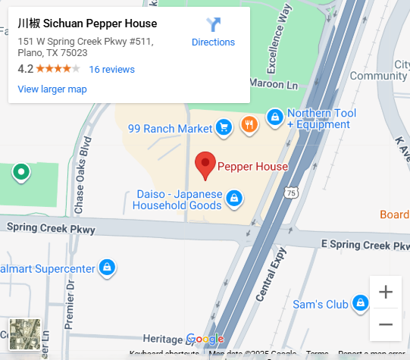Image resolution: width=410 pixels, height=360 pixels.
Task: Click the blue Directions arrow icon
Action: (x=214, y=24)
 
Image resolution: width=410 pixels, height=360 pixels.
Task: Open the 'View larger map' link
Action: (x=52, y=89)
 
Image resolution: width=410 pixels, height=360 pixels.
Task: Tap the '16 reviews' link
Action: (x=111, y=69)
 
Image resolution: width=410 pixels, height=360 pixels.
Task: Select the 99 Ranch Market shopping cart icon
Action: (x=223, y=128)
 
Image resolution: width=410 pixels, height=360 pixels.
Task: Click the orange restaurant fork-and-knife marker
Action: (x=248, y=124)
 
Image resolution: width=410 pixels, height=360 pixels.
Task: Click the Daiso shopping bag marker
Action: (x=234, y=199)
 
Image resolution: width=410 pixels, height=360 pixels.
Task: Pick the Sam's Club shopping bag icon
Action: (x=361, y=304)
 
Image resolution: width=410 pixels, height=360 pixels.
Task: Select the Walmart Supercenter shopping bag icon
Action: (x=108, y=268)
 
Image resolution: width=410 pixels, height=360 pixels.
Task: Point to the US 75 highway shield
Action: (x=292, y=193)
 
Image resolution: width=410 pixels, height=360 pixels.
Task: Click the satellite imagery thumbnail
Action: (x=24, y=335)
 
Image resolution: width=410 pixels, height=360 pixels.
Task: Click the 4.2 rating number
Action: (x=25, y=69)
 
